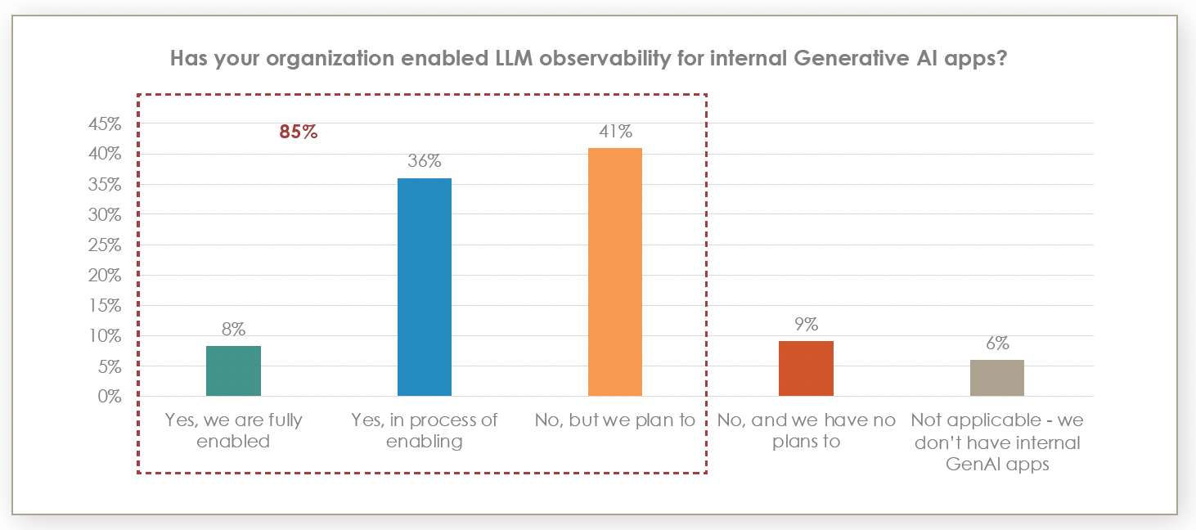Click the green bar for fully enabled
click(x=233, y=371)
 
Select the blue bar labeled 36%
click(x=424, y=287)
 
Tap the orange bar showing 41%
click(x=614, y=272)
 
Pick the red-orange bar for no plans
click(x=806, y=368)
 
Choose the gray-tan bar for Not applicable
click(x=996, y=378)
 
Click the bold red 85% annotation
click(x=298, y=132)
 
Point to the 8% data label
click(x=233, y=330)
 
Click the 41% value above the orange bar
click(x=614, y=132)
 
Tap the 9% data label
click(x=806, y=325)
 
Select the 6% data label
click(x=996, y=344)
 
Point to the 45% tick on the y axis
click(x=105, y=124)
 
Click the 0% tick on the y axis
click(x=110, y=397)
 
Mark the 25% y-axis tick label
click(x=105, y=245)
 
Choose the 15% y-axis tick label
click(x=105, y=306)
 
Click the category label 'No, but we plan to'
click(x=614, y=420)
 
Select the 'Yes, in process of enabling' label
click(x=424, y=431)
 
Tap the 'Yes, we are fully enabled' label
click(x=233, y=431)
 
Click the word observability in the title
click(x=490, y=60)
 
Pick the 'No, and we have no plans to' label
click(x=806, y=431)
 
